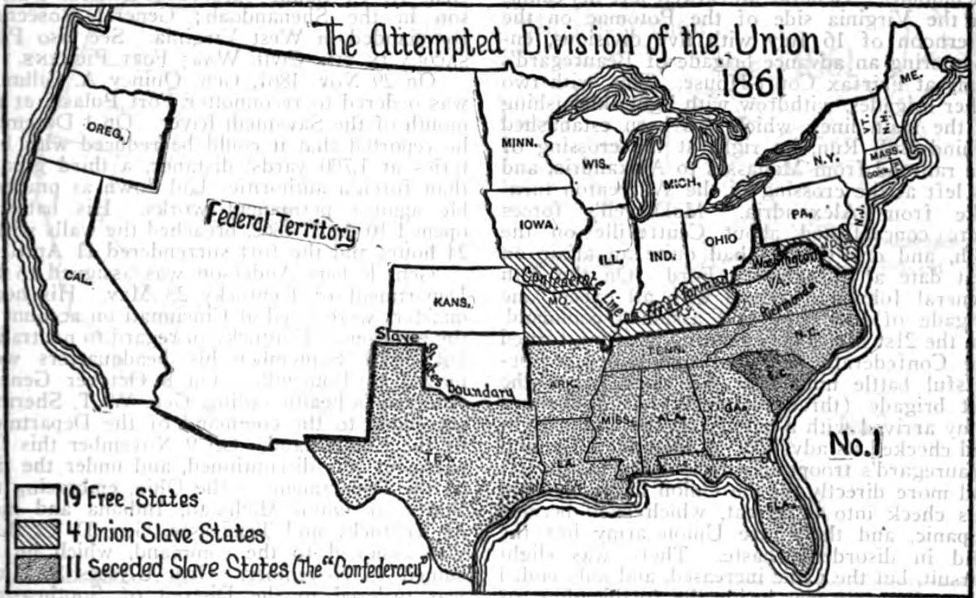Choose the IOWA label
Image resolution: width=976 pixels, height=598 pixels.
[x=536, y=225]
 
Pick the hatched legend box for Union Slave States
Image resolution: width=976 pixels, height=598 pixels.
[x=37, y=533]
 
